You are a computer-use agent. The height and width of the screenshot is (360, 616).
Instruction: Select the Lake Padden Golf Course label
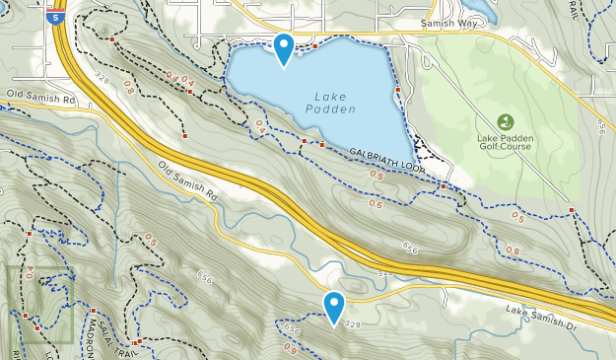click(x=505, y=141)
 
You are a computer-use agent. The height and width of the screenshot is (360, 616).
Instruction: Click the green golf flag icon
click(x=505, y=122)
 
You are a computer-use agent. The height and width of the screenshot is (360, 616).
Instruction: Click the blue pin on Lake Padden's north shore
click(x=284, y=46)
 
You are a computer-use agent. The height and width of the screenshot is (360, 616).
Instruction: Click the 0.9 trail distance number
click(x=290, y=346)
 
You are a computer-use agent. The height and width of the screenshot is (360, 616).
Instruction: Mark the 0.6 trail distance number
click(x=376, y=204)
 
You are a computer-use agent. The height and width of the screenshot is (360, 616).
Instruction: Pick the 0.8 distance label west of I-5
click(x=129, y=89)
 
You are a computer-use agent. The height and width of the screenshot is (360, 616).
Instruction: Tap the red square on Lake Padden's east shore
click(x=397, y=92)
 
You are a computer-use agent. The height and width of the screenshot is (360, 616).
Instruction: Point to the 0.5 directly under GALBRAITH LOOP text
click(x=376, y=176)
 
